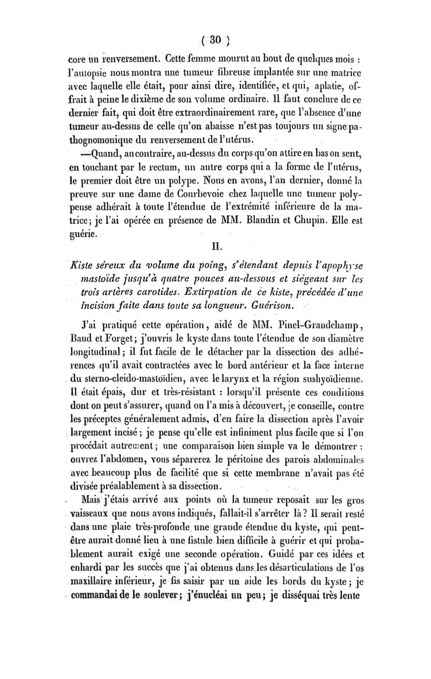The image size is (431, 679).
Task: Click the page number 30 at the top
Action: coord(215,39)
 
